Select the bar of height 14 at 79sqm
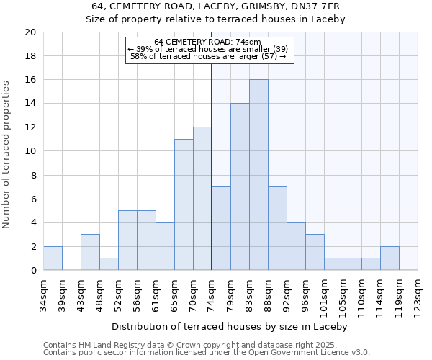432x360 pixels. (240, 186)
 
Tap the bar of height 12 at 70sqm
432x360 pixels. (202, 199)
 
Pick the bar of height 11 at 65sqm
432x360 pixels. (184, 204)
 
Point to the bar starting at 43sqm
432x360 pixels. (90, 252)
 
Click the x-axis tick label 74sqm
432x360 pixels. (212, 295)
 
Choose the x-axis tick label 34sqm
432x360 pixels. (43, 295)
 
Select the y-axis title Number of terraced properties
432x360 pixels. (7, 155)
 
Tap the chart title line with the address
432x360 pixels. (215, 6)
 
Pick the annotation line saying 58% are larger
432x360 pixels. (208, 56)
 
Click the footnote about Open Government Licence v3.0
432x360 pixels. (207, 353)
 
